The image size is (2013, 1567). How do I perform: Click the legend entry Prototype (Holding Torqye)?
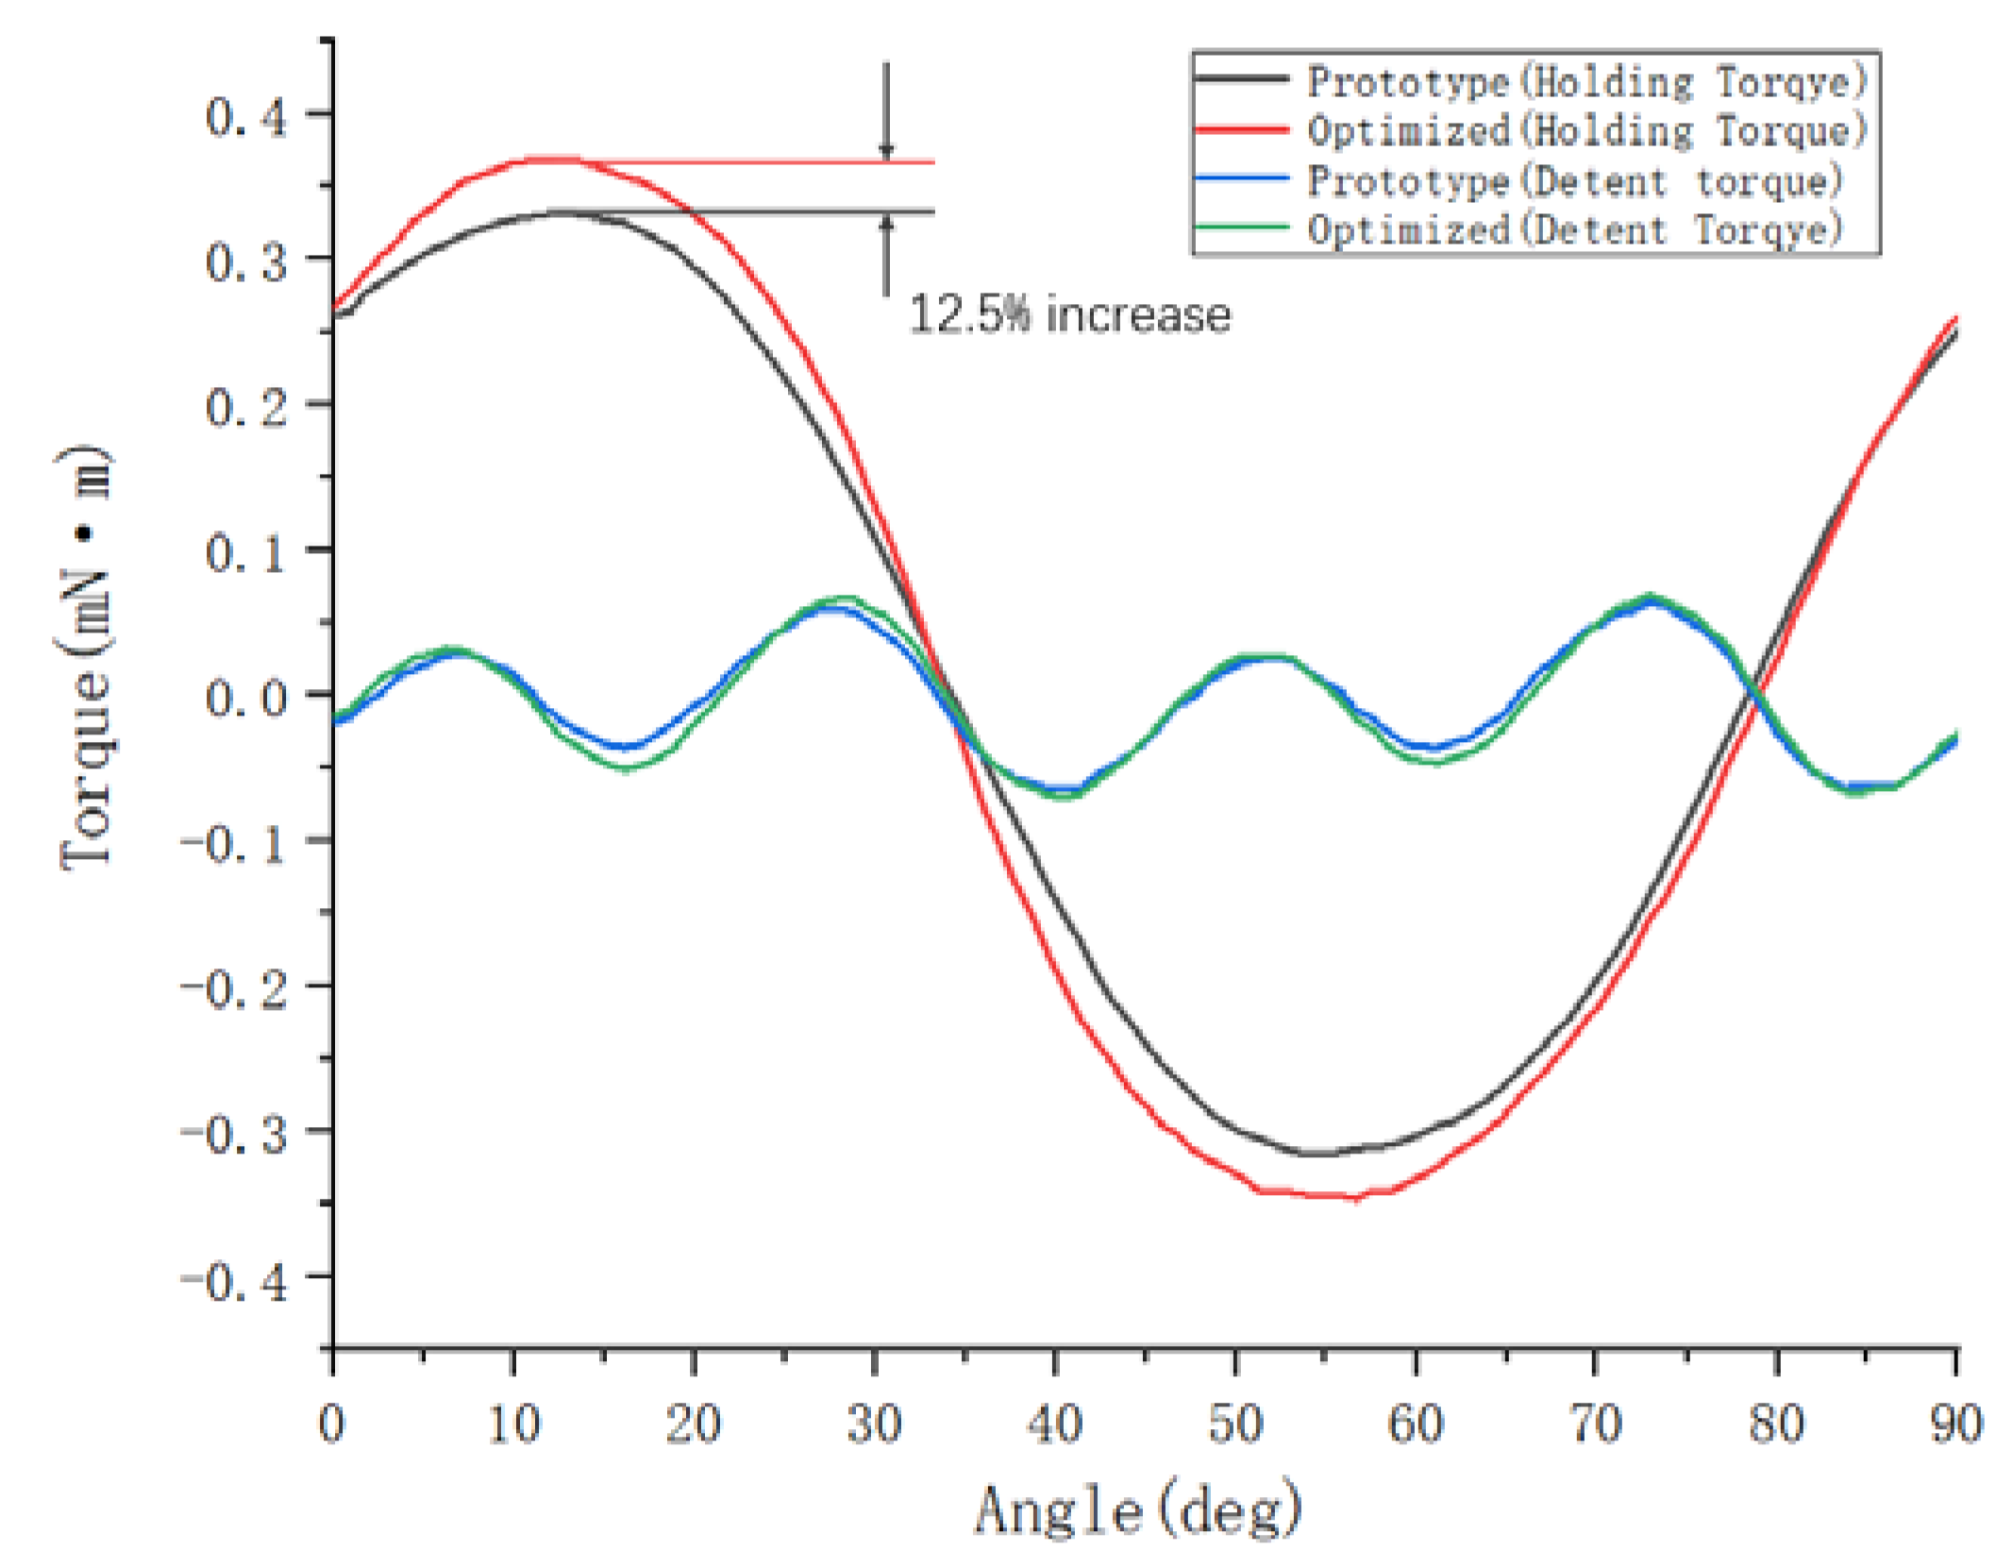(x=1585, y=82)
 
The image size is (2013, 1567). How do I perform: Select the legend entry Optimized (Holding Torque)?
(x=1585, y=130)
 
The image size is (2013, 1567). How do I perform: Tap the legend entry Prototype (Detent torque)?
(x=1574, y=180)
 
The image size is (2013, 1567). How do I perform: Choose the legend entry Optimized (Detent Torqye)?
(x=1574, y=229)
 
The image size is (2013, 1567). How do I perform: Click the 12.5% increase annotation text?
(x=1069, y=314)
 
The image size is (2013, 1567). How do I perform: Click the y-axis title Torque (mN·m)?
(x=87, y=658)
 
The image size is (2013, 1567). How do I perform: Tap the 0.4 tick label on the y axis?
(x=245, y=117)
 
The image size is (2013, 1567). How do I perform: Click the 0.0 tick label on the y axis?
(x=245, y=699)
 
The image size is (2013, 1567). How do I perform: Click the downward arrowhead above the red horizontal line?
(x=885, y=151)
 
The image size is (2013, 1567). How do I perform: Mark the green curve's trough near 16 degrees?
(x=625, y=768)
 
